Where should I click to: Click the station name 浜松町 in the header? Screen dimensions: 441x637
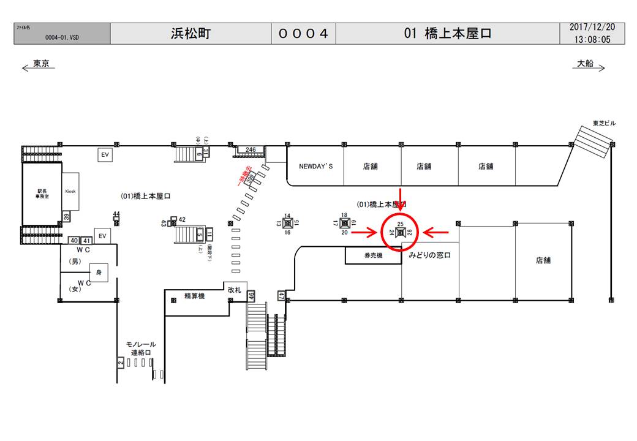pyautogui.click(x=190, y=34)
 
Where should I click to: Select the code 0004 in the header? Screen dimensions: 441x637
pyautogui.click(x=304, y=34)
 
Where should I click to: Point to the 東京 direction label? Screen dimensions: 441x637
pyautogui.click(x=41, y=63)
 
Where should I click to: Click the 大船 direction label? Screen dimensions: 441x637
pyautogui.click(x=586, y=63)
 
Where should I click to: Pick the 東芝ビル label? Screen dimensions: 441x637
pyautogui.click(x=604, y=124)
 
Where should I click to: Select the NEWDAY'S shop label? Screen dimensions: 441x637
pyautogui.click(x=315, y=166)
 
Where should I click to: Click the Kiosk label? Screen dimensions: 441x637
pyautogui.click(x=70, y=191)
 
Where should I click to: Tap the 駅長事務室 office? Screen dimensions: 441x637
pyautogui.click(x=42, y=194)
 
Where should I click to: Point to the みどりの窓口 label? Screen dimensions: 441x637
pyautogui.click(x=429, y=255)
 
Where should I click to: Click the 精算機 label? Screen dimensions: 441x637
pyautogui.click(x=194, y=296)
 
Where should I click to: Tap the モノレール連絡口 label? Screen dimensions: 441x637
pyautogui.click(x=141, y=349)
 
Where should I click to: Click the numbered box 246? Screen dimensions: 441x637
pyautogui.click(x=251, y=149)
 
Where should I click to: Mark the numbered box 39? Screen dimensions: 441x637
pyautogui.click(x=66, y=217)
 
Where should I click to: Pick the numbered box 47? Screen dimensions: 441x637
pyautogui.click(x=282, y=296)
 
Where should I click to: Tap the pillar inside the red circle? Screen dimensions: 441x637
pyautogui.click(x=400, y=232)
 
